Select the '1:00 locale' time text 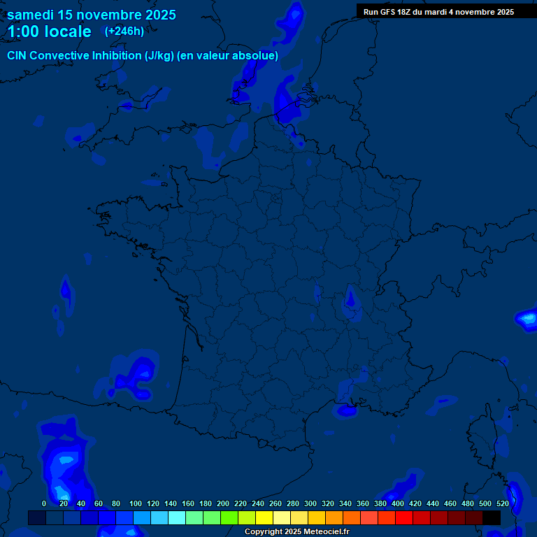coord(49,31)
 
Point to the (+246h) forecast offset coord(124,31)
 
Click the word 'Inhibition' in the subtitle coord(117,56)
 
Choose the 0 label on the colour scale coord(44,503)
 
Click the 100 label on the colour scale coord(136,503)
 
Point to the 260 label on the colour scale coord(275,503)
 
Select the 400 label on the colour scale coord(398,503)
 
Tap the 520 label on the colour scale coord(503,503)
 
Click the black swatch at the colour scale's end coord(492,517)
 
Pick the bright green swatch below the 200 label coord(229,517)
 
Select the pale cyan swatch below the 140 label coord(177,517)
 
